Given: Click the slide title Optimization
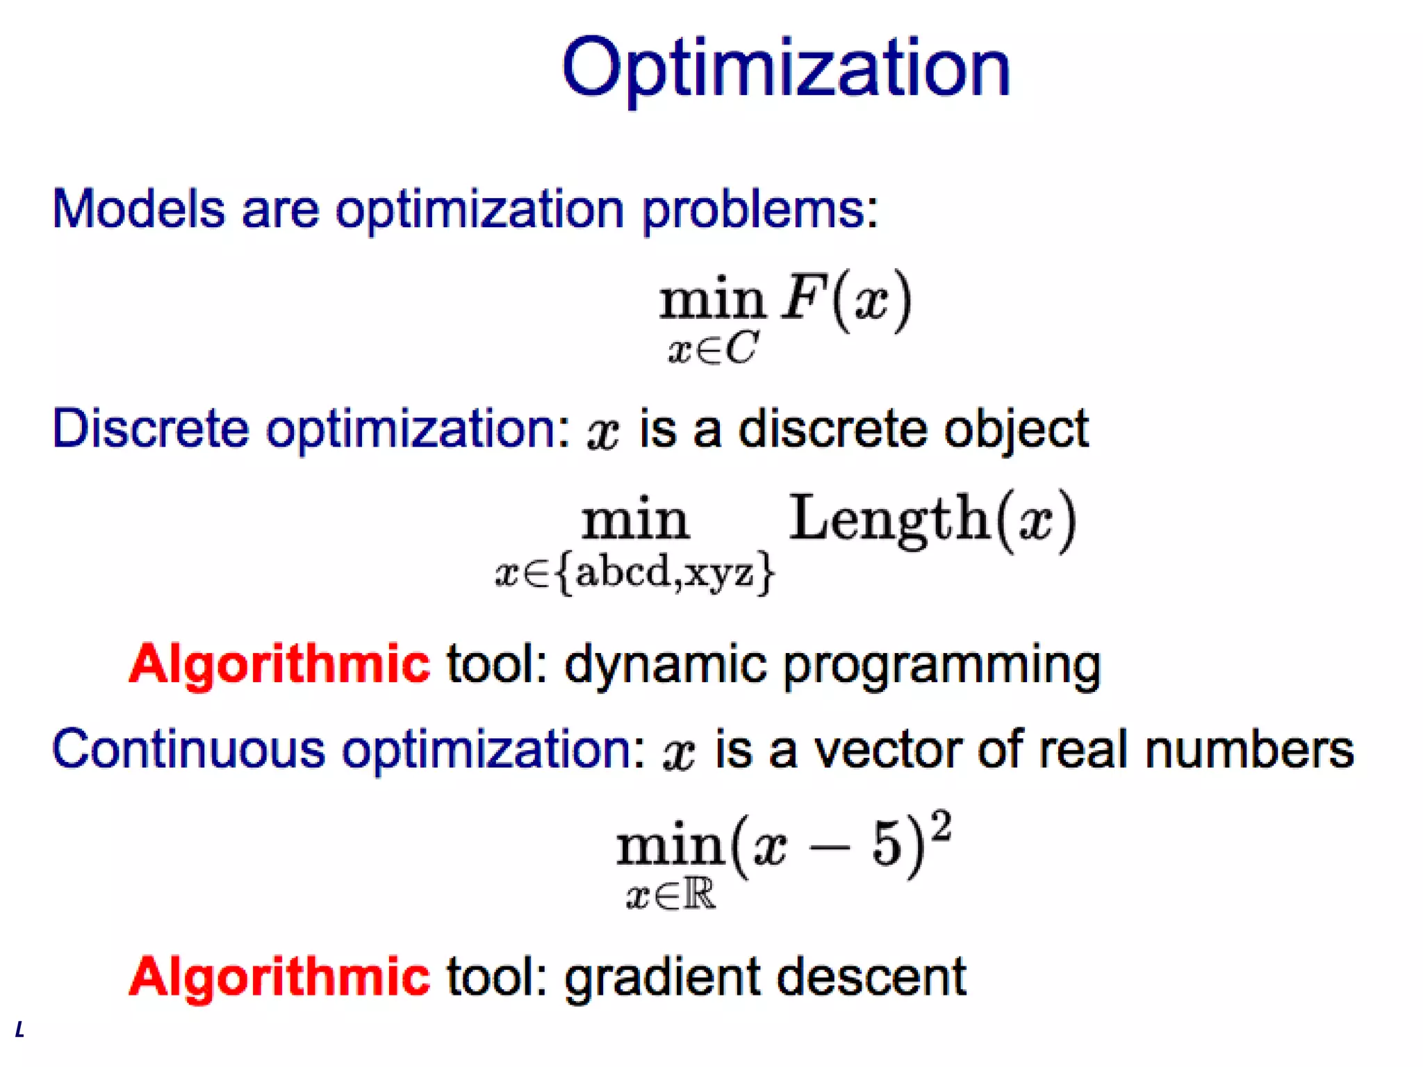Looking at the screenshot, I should [785, 68].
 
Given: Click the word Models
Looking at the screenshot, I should [139, 208].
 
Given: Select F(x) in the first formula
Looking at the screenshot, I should [846, 300].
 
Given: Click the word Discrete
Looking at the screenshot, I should [150, 429].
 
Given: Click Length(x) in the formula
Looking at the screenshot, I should [932, 519].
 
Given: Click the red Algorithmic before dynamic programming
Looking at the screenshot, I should [279, 664].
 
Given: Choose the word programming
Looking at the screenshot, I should [941, 665].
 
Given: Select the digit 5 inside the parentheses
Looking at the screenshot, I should [887, 845].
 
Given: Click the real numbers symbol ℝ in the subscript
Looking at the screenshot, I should [698, 895].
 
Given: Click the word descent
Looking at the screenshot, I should [871, 976].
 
